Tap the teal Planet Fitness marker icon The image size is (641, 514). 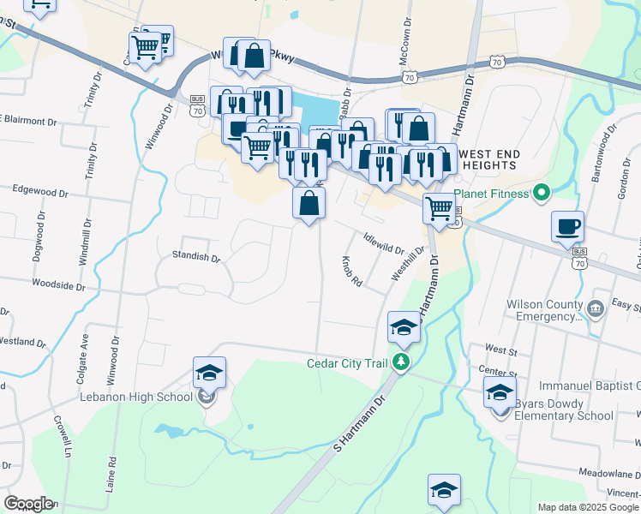click(540, 194)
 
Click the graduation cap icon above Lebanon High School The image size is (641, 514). click(209, 373)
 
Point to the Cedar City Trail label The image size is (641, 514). click(348, 362)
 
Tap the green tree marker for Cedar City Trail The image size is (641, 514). click(400, 362)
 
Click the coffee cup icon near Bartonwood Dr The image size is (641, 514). click(567, 227)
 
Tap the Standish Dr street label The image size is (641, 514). click(196, 255)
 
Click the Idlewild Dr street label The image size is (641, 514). click(383, 243)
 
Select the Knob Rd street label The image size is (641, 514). click(352, 272)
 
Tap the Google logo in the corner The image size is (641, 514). click(28, 504)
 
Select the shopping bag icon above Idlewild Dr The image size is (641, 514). click(309, 203)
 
